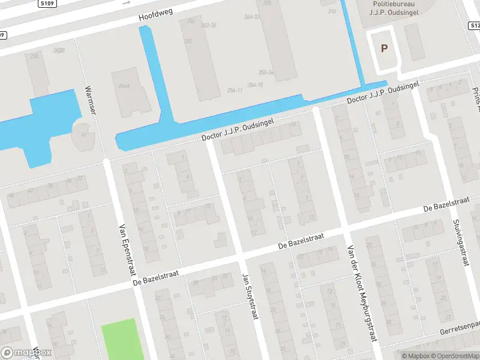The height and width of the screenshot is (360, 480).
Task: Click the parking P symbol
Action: click(x=384, y=49)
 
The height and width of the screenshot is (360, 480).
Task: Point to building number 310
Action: click(x=332, y=11)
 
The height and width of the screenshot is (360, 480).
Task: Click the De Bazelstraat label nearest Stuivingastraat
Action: click(x=445, y=204)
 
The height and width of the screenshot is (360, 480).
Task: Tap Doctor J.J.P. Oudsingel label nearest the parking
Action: click(x=382, y=93)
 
